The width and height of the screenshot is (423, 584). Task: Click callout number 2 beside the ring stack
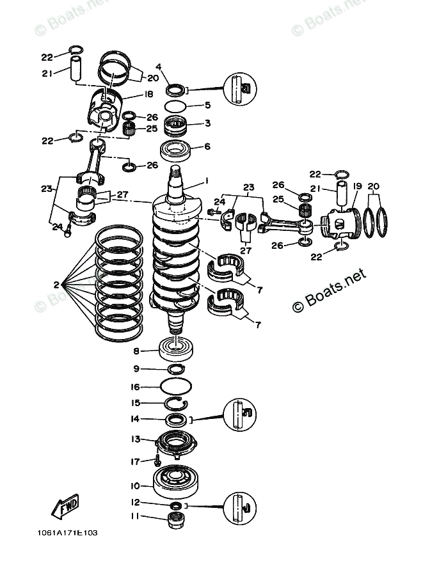57,285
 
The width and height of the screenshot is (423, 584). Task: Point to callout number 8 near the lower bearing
136,351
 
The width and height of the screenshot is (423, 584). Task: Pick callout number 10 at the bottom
136,485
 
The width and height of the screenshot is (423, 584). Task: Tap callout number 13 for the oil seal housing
136,439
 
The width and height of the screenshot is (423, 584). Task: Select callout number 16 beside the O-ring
136,386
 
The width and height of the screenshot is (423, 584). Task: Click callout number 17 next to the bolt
136,461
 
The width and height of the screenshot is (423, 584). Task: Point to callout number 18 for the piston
148,94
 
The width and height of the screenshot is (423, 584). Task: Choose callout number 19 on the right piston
358,187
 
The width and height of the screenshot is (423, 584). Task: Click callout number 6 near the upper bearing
207,146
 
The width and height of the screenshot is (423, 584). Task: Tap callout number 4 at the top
159,66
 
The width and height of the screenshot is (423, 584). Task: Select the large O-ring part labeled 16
175,387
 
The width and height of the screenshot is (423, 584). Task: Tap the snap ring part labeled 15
174,403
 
